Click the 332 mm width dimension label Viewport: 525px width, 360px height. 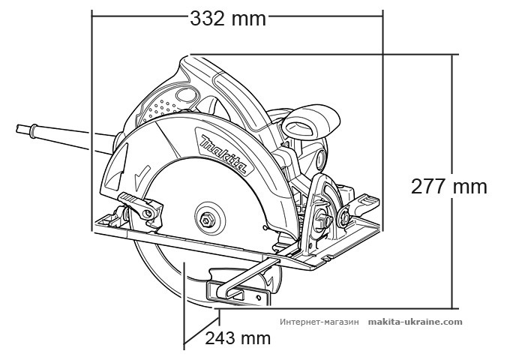[226, 18]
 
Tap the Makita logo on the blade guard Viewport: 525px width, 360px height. [223, 153]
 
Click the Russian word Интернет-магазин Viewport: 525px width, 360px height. [319, 322]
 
